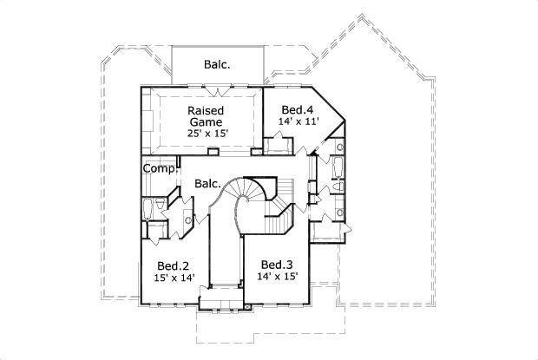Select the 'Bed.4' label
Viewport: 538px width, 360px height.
[297, 109]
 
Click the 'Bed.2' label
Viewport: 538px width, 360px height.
[174, 265]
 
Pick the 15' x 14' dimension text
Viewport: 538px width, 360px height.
[174, 278]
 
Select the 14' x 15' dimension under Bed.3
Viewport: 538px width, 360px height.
[278, 277]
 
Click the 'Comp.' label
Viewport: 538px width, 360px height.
[160, 169]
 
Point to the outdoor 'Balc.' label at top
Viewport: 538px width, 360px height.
[217, 63]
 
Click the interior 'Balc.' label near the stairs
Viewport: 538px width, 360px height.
[207, 184]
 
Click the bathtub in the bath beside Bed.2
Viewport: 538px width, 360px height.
[150, 209]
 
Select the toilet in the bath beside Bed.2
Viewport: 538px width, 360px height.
[165, 209]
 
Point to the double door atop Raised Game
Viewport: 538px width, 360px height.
[223, 90]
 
